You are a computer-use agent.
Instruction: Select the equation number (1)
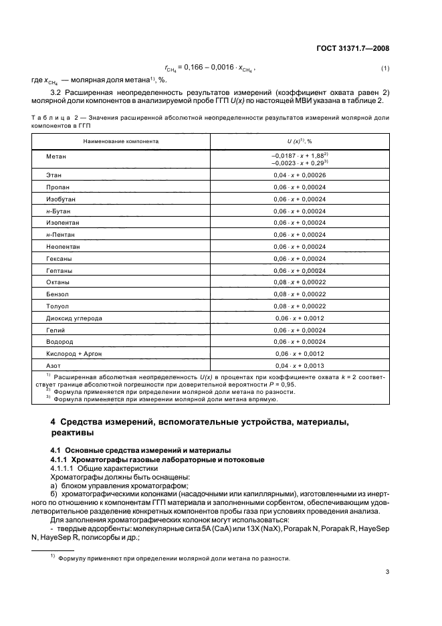(384, 69)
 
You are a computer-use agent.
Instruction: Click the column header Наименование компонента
(121, 142)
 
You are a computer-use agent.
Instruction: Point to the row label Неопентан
(62, 247)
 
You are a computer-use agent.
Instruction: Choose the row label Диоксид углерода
(74, 318)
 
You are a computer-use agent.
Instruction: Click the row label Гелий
(56, 330)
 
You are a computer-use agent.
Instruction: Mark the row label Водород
(59, 342)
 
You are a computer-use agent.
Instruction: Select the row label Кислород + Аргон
(73, 354)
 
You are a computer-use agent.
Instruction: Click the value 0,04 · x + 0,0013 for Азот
(299, 366)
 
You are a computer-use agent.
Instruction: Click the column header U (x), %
(299, 142)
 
